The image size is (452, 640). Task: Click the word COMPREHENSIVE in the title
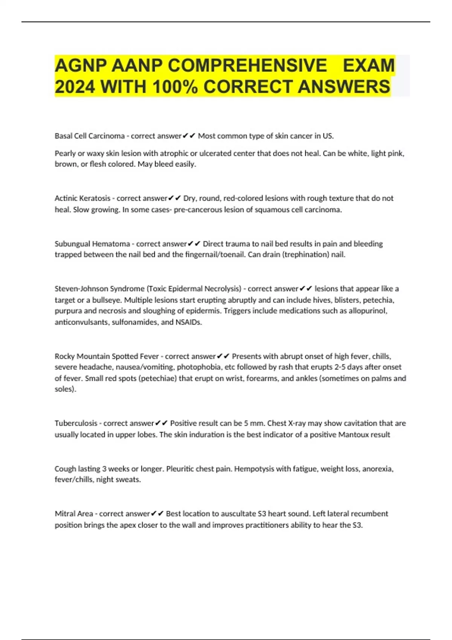point(247,66)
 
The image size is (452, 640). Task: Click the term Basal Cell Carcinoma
point(90,136)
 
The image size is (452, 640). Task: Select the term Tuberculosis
point(76,423)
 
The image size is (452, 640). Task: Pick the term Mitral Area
point(74,514)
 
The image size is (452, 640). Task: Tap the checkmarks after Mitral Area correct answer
point(157,514)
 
